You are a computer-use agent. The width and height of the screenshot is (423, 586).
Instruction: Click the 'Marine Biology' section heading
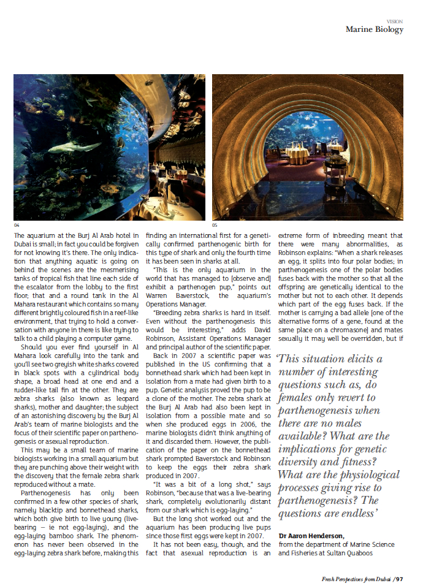tap(374, 29)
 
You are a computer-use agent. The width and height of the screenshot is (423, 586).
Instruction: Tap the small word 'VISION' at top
tap(395, 21)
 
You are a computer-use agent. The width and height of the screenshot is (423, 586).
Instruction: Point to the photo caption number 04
tap(17, 225)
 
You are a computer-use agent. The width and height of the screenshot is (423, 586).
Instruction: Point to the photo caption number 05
tap(215, 225)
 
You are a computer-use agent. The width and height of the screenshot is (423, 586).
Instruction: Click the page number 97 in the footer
tap(399, 578)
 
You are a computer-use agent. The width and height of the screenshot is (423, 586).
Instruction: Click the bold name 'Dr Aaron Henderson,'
tap(312, 535)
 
